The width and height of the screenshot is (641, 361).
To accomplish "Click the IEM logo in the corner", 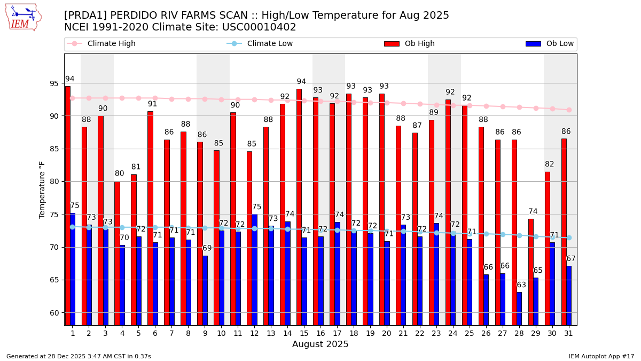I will pos(23,17).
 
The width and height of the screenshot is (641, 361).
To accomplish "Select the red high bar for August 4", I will pos(117,251).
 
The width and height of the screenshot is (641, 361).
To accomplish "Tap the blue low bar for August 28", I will pos(519,309).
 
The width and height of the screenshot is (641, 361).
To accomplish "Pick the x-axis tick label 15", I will pos(303,333).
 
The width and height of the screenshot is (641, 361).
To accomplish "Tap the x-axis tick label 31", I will pos(568,333).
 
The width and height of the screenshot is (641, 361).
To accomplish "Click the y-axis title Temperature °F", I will pos(43,189).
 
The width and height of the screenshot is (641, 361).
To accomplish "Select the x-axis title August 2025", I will pos(320,345).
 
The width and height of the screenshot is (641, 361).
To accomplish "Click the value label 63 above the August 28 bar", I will pos(521,285).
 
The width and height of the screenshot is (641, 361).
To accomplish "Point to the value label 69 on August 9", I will pos(207,248).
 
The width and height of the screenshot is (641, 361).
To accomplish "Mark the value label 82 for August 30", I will pos(550,164).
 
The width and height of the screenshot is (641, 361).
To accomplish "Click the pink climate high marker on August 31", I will pos(569,110).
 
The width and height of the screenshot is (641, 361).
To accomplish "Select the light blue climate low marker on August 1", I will pos(72,227).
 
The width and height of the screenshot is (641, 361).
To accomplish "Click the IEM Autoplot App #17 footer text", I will pos(601,356).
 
